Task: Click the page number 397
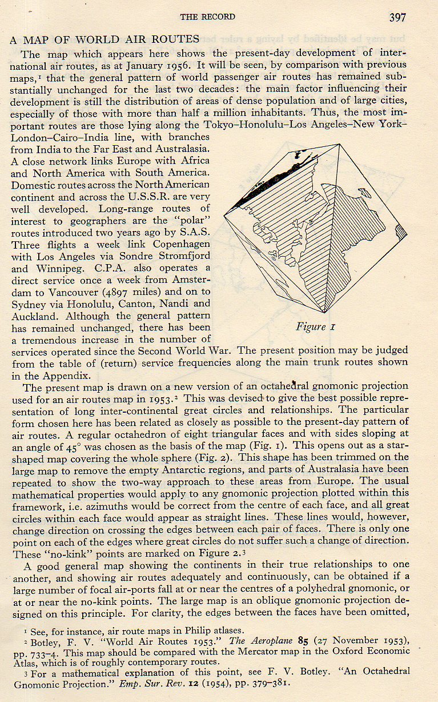click(x=397, y=17)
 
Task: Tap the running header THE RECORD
click(x=207, y=17)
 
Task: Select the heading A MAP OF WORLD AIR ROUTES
click(x=105, y=40)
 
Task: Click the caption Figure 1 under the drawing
click(x=311, y=327)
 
